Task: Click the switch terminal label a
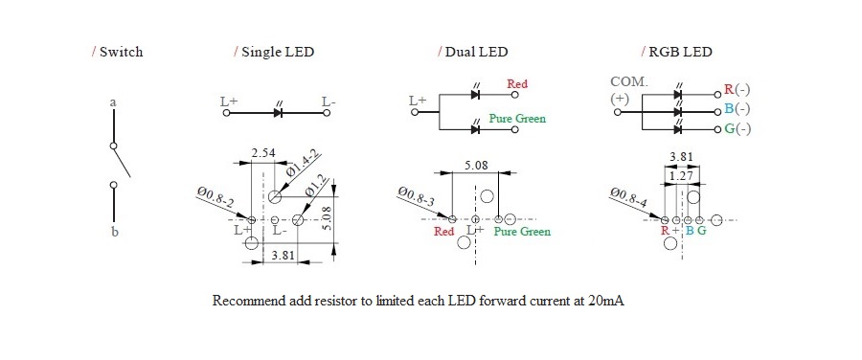pos(113,102)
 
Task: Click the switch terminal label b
pos(115,232)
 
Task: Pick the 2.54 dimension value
pos(264,153)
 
